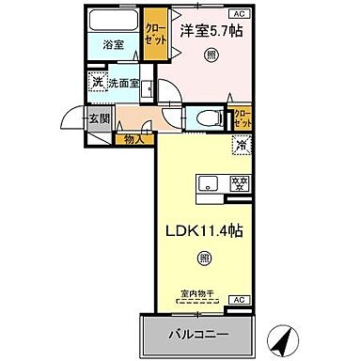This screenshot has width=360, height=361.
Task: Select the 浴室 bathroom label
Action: [x=113, y=42]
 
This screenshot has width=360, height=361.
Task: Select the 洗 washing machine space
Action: [x=97, y=83]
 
